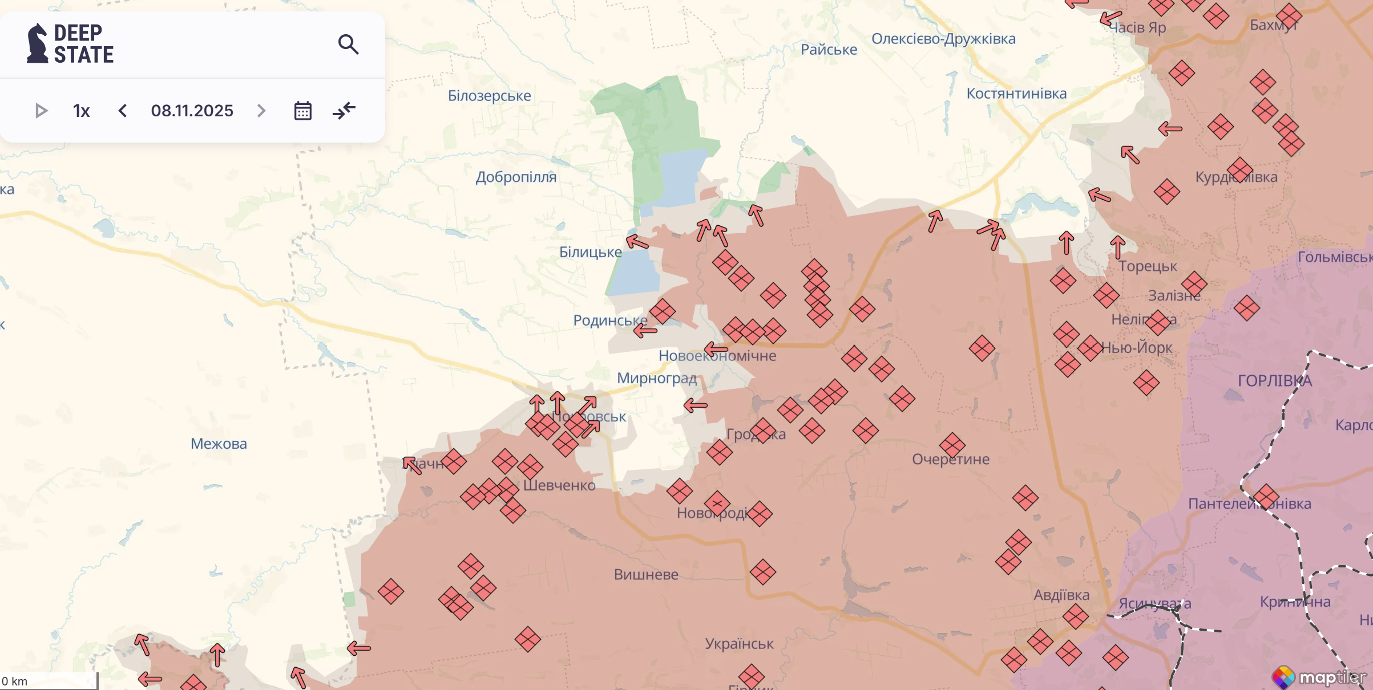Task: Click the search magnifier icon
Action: pyautogui.click(x=348, y=44)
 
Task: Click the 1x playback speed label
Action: pyautogui.click(x=81, y=111)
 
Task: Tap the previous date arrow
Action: pyautogui.click(x=122, y=111)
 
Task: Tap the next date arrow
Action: pyautogui.click(x=261, y=111)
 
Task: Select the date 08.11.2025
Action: pyautogui.click(x=192, y=111)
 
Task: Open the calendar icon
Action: pyautogui.click(x=302, y=111)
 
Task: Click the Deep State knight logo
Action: pyautogui.click(x=38, y=43)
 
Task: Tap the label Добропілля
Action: pyautogui.click(x=516, y=177)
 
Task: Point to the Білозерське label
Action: pyautogui.click(x=489, y=96)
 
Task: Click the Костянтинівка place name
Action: pyautogui.click(x=1016, y=94)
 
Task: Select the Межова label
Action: pyautogui.click(x=219, y=444)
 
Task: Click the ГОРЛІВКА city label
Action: pyautogui.click(x=1274, y=381)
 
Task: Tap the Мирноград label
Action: pyautogui.click(x=656, y=378)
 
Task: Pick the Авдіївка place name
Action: pyautogui.click(x=1061, y=595)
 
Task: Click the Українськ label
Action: pyautogui.click(x=739, y=644)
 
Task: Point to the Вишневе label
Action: pyautogui.click(x=646, y=575)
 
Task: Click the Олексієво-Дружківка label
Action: pyautogui.click(x=943, y=39)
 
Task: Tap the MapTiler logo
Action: pyautogui.click(x=1319, y=677)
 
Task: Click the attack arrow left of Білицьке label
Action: pyautogui.click(x=637, y=242)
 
